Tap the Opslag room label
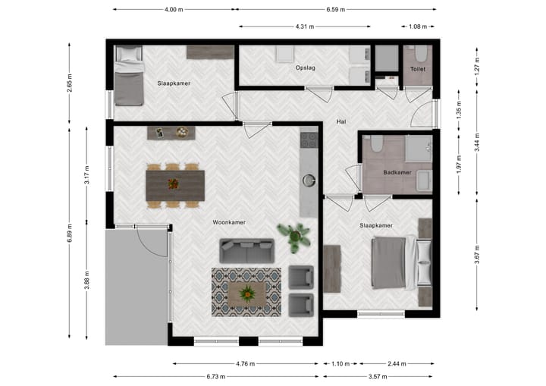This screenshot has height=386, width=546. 305,68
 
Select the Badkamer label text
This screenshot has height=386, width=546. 397,172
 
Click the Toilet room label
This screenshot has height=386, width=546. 418,68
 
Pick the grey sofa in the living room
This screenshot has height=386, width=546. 246,251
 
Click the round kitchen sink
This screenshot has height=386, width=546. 309,180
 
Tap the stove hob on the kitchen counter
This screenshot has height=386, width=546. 309,140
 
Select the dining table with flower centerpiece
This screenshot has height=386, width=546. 175,184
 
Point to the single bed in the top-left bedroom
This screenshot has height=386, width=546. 128,77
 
